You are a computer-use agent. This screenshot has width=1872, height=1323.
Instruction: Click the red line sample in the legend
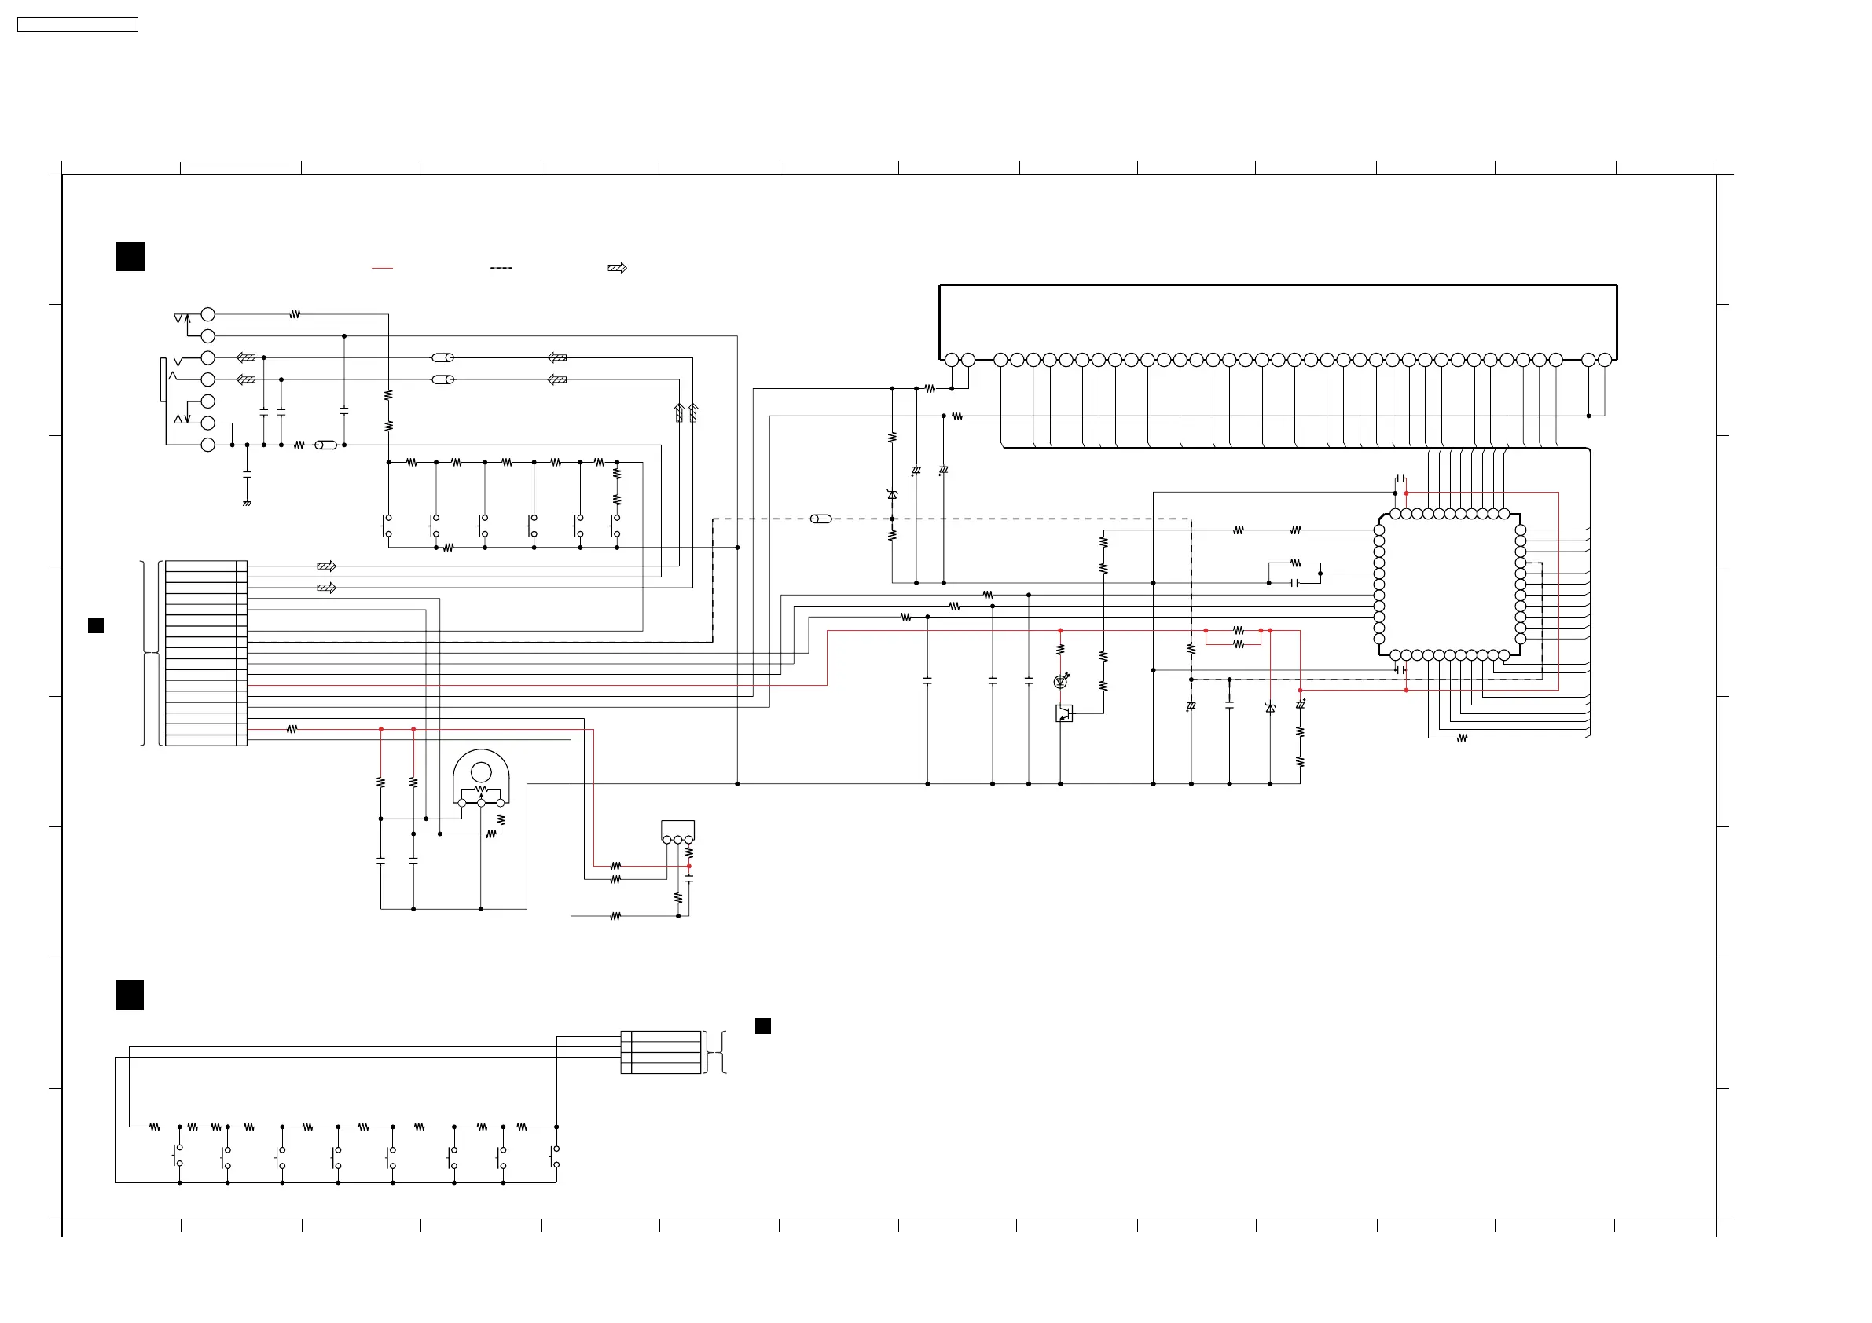(382, 268)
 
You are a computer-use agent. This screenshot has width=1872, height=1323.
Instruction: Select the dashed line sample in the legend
(501, 268)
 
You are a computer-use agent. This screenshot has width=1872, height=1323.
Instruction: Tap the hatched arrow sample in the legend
(617, 268)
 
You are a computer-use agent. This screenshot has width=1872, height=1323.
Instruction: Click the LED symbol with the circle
(1061, 681)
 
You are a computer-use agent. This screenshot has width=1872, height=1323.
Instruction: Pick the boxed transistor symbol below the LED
(1064, 714)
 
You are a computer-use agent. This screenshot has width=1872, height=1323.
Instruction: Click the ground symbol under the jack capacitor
(247, 503)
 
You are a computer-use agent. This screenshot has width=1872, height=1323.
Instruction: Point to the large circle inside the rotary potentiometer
(481, 771)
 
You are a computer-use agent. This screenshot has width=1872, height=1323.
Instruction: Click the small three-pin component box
(677, 830)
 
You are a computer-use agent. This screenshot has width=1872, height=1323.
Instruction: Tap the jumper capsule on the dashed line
(821, 519)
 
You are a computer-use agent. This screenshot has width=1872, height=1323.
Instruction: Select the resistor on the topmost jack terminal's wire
(295, 313)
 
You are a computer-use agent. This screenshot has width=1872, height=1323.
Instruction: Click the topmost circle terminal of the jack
(208, 313)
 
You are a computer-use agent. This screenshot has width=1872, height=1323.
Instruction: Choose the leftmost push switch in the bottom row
(178, 1156)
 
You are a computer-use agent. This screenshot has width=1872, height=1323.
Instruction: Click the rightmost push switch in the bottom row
(556, 1156)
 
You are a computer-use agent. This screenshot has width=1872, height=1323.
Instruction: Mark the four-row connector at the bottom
(661, 1053)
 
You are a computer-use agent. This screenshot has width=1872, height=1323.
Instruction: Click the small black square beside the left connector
(95, 625)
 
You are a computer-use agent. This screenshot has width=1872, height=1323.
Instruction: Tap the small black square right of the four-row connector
(763, 1025)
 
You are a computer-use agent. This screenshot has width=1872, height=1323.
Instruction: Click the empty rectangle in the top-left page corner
(78, 25)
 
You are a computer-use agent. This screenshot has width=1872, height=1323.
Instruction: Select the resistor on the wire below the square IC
(1462, 738)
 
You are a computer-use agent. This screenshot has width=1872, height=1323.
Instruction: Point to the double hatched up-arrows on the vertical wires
(686, 412)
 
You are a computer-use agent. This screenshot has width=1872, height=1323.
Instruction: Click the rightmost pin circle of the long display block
(1605, 361)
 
